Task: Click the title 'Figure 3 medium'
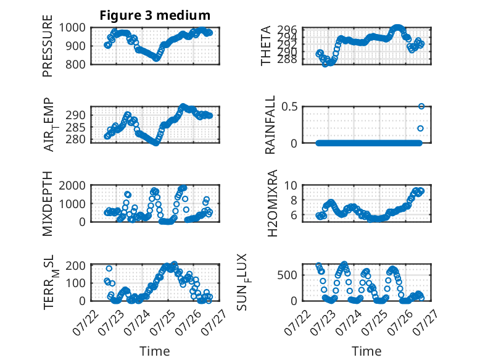click(155, 15)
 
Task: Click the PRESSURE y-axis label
click(48, 46)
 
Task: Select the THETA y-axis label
click(266, 46)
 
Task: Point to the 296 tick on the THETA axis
click(287, 30)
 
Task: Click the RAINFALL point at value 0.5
click(421, 106)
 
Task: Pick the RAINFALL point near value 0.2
click(420, 128)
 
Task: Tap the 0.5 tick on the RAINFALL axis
click(289, 107)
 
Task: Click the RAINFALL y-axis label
click(270, 125)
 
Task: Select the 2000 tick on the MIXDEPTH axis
click(72, 185)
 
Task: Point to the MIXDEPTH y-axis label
click(48, 204)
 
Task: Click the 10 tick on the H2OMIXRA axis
click(291, 185)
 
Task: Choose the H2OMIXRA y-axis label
click(272, 203)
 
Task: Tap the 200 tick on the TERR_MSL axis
click(75, 265)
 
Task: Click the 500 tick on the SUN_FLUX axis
click(287, 275)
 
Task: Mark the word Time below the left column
click(155, 351)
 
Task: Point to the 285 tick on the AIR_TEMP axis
click(75, 127)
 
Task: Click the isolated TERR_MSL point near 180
click(109, 269)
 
